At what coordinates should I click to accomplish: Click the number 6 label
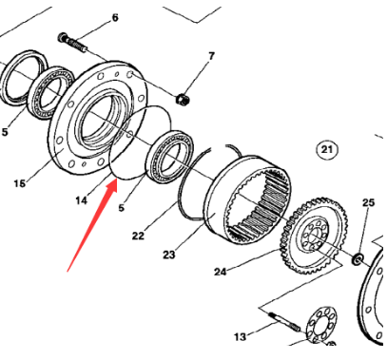[x=115, y=18]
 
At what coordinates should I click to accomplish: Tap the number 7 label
[x=212, y=56]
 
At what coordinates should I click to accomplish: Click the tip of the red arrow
[x=116, y=176]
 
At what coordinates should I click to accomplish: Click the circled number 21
[x=327, y=150]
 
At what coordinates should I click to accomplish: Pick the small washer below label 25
[x=358, y=257]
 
